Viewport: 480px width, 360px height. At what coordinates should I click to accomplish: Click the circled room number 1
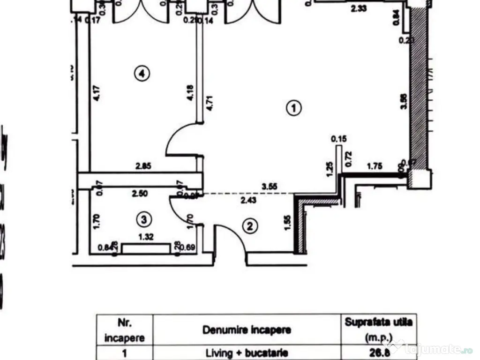[293, 108]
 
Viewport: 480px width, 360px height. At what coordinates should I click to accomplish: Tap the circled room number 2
[250, 226]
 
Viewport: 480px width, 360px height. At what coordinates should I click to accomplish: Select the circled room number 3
[144, 219]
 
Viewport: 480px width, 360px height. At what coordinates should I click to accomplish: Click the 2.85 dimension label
[143, 166]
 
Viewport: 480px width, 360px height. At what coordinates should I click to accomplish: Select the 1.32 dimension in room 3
[146, 238]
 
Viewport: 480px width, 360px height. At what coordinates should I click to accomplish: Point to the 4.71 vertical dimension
[210, 103]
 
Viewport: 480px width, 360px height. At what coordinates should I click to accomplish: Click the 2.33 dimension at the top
[359, 8]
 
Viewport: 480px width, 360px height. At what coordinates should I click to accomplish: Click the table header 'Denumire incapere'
[247, 330]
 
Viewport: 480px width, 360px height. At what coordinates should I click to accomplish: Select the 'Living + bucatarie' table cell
[247, 352]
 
